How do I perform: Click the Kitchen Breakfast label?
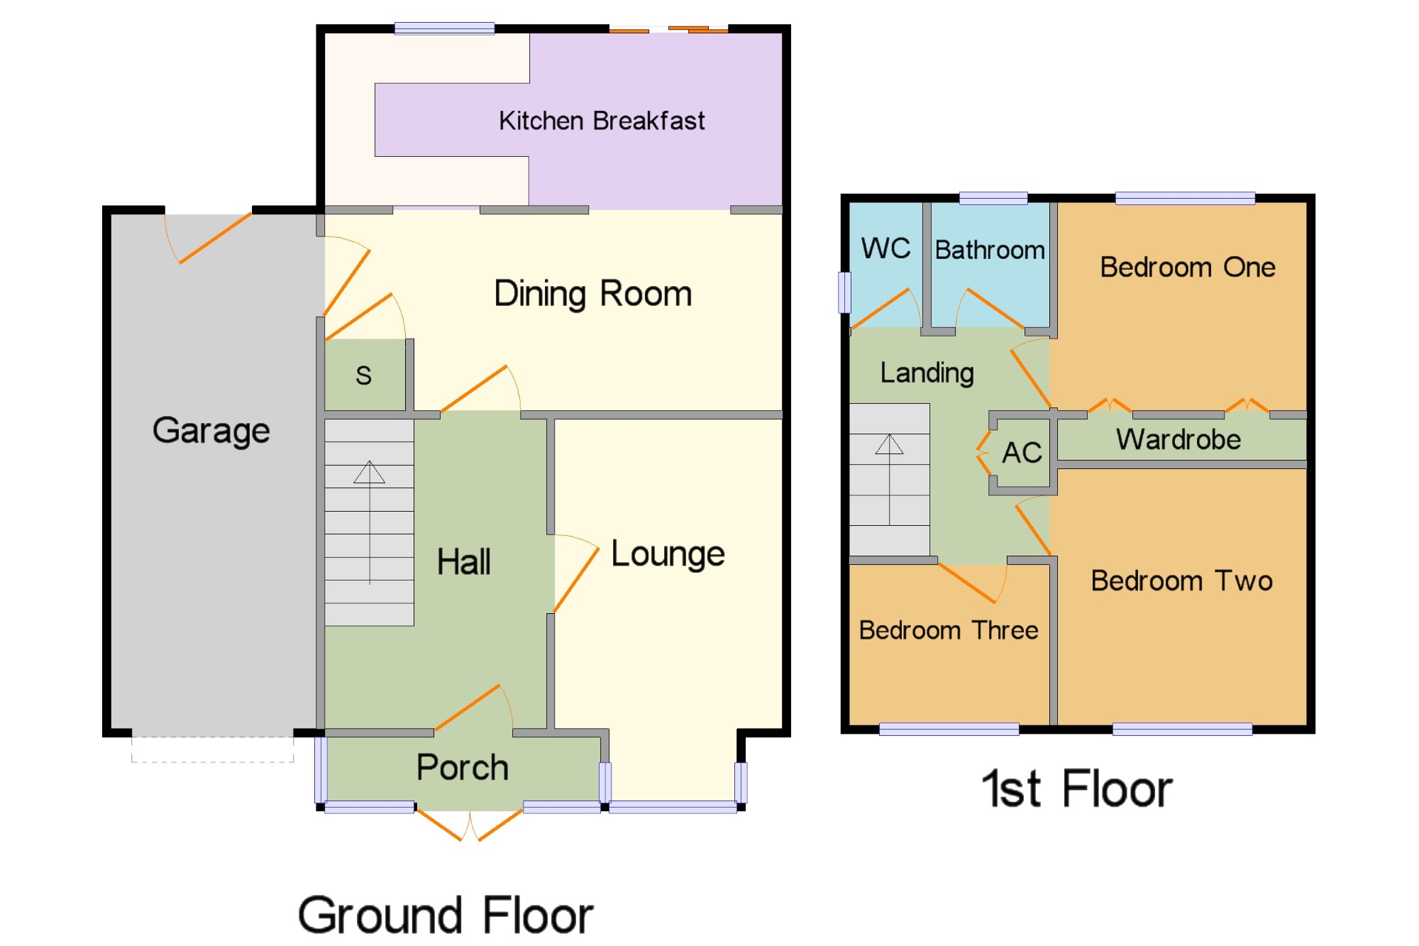602,121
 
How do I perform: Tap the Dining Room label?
593,294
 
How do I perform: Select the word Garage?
211,431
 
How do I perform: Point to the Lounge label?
668,554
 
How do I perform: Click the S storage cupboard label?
363,375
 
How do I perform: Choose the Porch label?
463,767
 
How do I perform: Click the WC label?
885,248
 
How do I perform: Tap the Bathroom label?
990,250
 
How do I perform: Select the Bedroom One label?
1188,268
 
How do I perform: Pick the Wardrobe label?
1178,439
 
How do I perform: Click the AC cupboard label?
1022,453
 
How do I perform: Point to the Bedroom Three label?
949,630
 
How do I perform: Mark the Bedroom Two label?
1181,581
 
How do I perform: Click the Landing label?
927,373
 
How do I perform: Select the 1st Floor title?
1077,788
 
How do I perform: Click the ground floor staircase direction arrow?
370,522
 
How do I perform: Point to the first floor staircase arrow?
889,479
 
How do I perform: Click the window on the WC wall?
844,292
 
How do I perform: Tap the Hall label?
463,562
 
